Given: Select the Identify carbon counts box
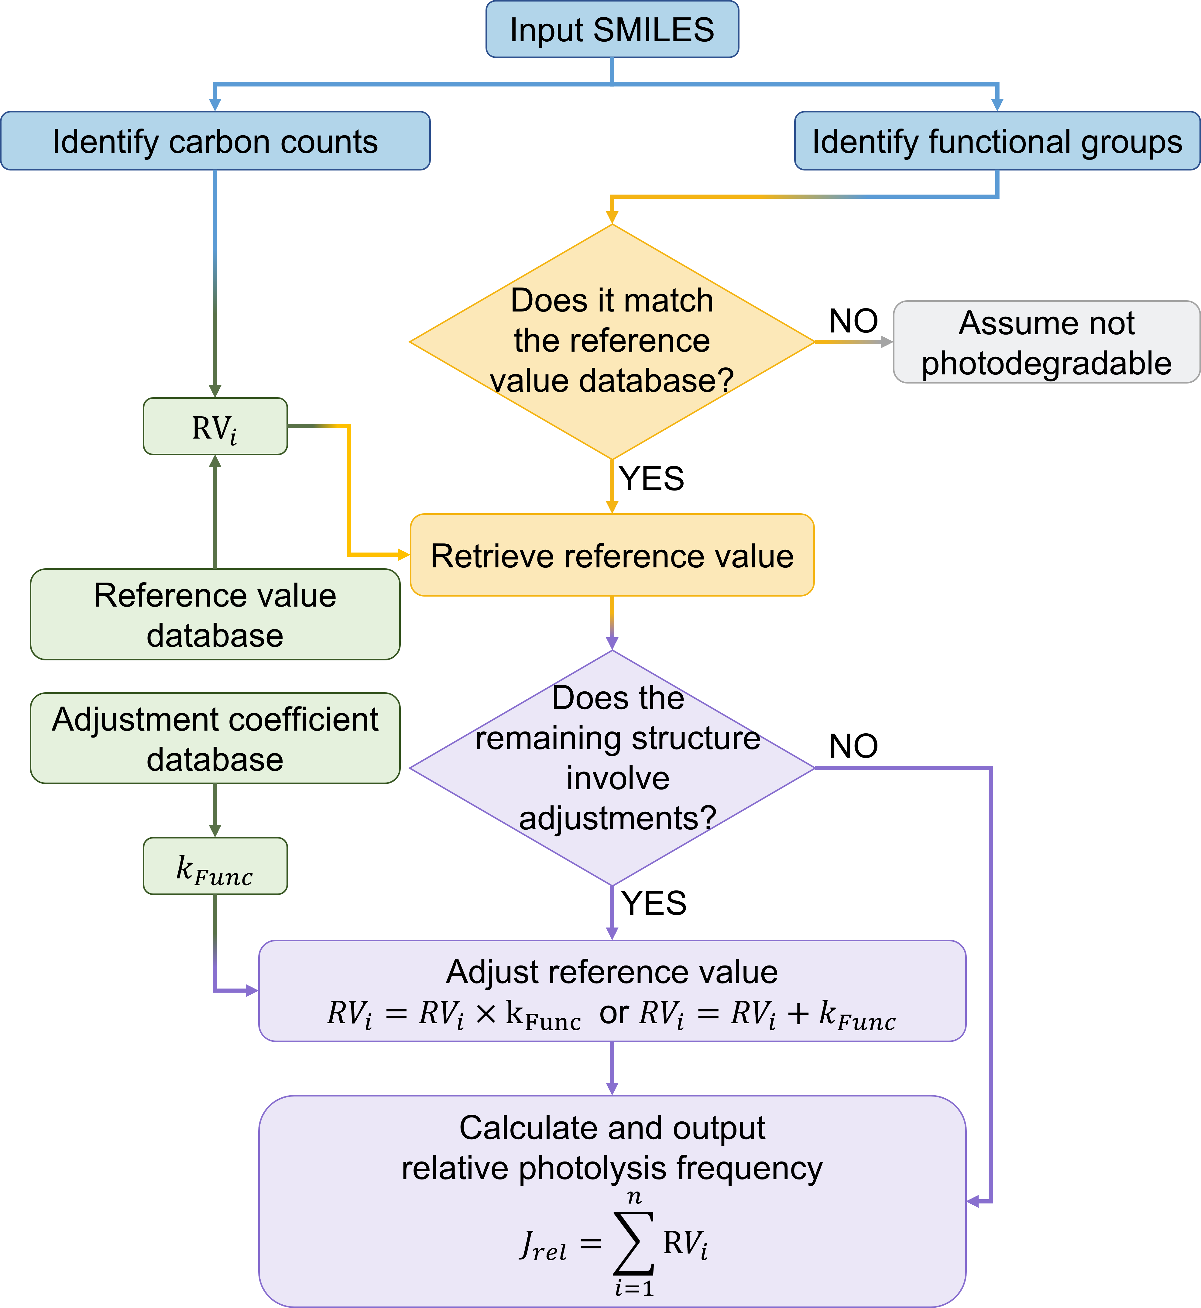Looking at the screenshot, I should [x=215, y=141].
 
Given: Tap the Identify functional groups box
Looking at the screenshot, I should [x=997, y=141].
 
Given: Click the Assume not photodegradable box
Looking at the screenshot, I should [x=1046, y=342].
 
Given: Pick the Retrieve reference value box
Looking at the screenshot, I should [x=612, y=555].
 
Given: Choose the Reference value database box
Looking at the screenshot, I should [x=215, y=614].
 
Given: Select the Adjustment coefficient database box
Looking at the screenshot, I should [x=215, y=738].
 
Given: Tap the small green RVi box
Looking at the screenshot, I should [x=215, y=426].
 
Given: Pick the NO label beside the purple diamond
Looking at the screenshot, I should [x=853, y=746].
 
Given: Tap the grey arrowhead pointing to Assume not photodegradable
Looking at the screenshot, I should [x=887, y=342].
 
